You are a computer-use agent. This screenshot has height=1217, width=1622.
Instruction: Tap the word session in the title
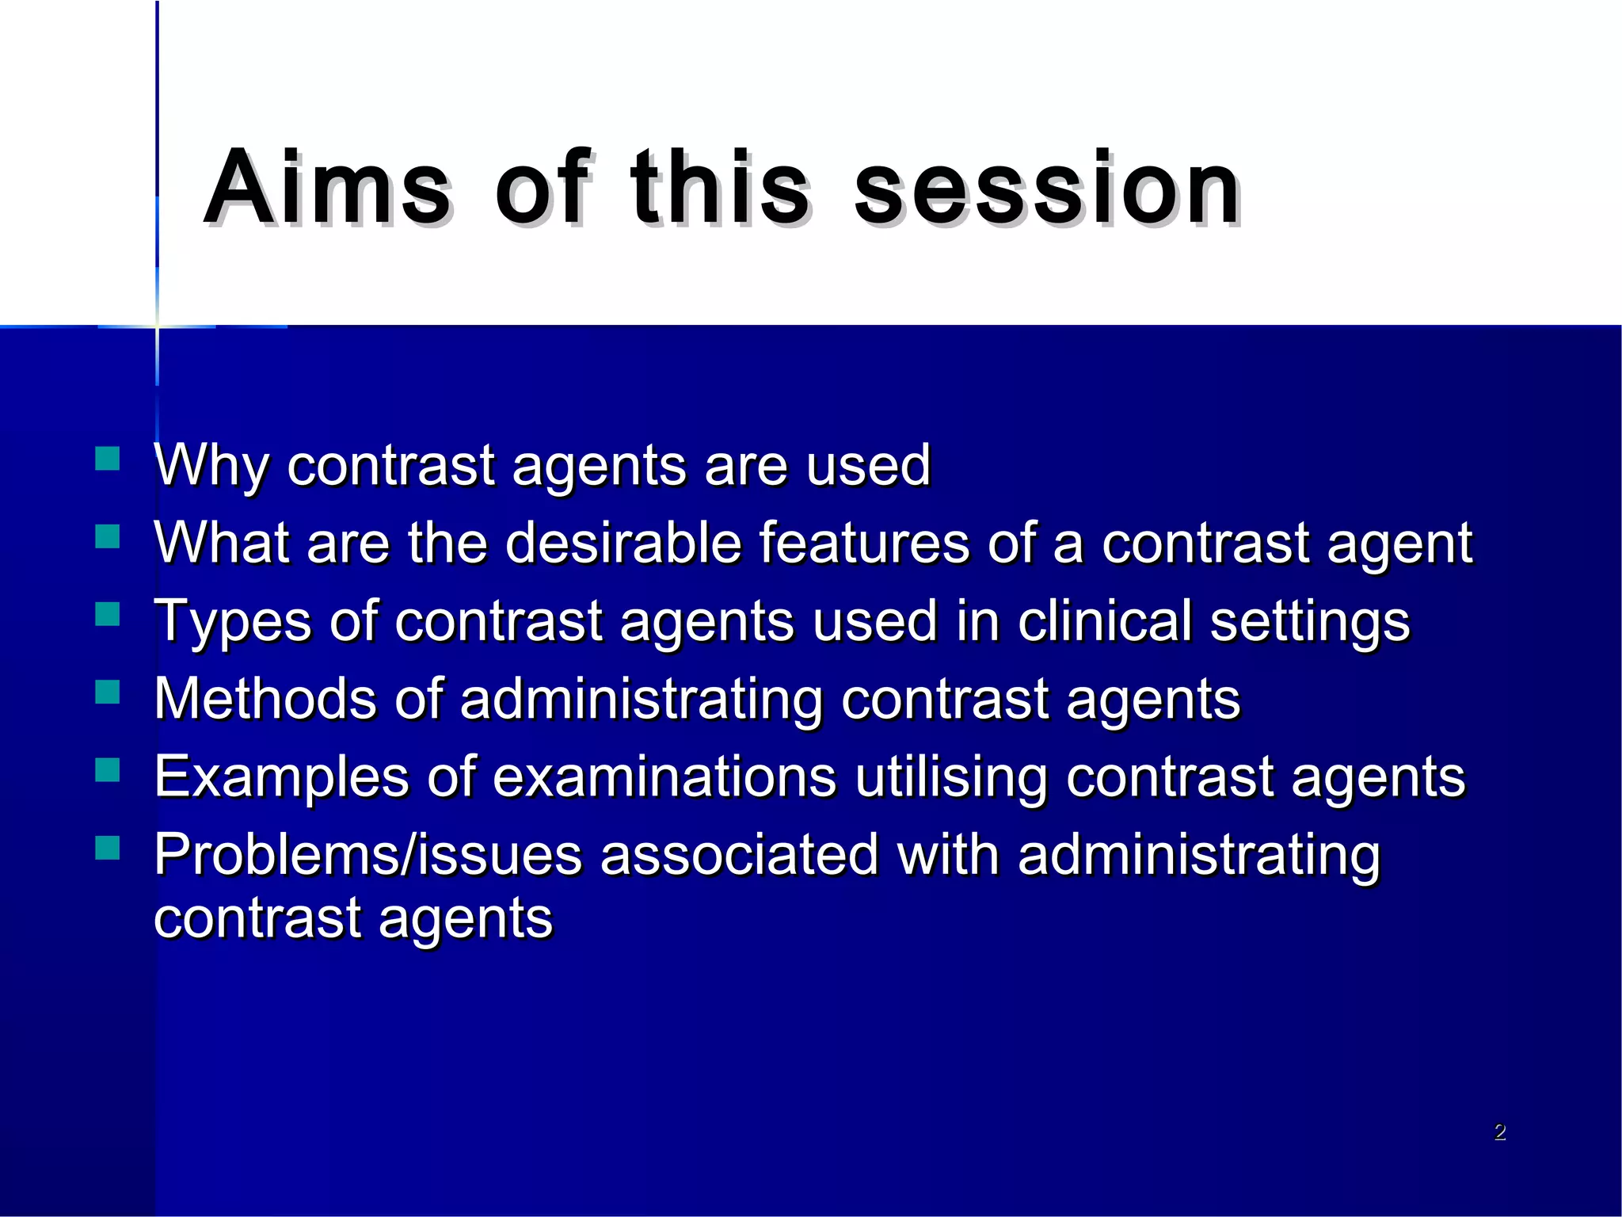1047,187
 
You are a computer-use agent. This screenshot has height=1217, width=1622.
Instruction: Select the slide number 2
1499,1132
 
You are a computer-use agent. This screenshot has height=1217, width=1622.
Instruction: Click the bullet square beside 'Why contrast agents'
107,460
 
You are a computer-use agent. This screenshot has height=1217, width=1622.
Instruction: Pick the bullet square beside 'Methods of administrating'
107,692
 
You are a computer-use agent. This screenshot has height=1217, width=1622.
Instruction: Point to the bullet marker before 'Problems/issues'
107,848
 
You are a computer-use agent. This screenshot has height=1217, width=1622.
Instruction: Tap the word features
863,543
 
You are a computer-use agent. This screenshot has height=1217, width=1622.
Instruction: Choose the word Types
233,622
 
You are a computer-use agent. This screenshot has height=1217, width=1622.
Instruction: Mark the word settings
1310,622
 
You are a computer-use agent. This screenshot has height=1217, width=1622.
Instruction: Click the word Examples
281,777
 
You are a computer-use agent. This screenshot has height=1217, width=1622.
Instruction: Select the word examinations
664,776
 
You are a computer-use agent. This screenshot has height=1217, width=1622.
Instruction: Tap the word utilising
951,777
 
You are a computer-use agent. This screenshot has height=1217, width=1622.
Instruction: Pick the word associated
739,854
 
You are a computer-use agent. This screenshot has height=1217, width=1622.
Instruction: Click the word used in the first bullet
868,465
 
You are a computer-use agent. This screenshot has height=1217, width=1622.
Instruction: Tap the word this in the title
720,187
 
